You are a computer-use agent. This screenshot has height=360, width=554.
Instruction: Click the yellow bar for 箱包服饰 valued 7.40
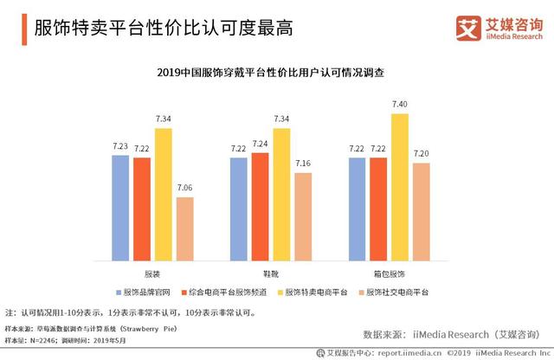(400, 187)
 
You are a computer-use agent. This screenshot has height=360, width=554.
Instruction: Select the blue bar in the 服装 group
(121, 208)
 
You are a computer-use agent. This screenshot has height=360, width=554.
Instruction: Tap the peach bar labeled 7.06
(184, 228)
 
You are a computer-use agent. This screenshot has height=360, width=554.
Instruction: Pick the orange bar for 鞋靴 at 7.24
(260, 206)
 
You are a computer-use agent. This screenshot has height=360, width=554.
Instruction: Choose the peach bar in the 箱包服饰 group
(421, 211)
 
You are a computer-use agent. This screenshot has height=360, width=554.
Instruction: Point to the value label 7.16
(302, 164)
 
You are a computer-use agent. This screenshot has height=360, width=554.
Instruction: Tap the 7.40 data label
(400, 104)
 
